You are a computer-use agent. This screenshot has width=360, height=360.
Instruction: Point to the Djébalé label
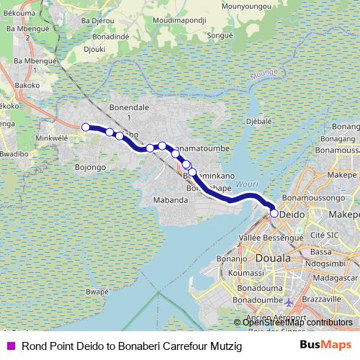[x=257, y=122]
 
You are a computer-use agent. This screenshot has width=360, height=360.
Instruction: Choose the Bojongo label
[x=91, y=167]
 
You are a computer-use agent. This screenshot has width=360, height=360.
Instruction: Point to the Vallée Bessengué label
[x=271, y=236]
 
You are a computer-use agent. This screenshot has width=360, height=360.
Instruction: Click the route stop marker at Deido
[x=274, y=213]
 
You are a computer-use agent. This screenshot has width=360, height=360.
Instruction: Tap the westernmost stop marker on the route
[x=86, y=127]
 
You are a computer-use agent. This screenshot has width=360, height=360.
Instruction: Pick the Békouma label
[x=19, y=13]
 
